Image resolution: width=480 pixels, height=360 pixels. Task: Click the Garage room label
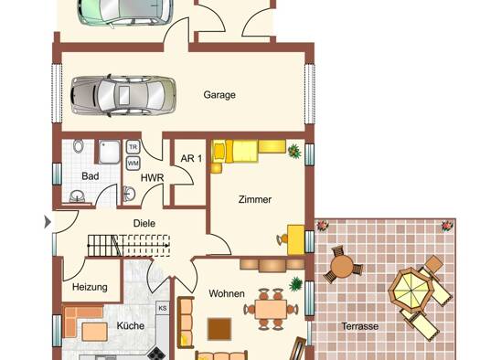point(219,95)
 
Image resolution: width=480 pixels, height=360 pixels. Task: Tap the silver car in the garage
point(123,95)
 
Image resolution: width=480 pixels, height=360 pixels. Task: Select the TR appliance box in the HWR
point(133,147)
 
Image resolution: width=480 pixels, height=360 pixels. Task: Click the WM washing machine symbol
point(133,163)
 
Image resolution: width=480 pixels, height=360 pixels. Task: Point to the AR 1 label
point(191,158)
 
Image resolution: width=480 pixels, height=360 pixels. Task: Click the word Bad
point(91,176)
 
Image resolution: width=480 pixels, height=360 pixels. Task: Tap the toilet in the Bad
point(79,146)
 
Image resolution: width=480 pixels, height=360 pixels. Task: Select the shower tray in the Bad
point(110,152)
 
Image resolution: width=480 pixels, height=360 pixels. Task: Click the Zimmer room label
point(255,200)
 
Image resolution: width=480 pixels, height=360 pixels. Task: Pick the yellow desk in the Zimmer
point(296,239)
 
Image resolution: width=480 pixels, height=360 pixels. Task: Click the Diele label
point(144,223)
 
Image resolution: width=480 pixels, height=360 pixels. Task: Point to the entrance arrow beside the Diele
point(48,222)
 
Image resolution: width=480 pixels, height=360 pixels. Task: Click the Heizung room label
point(90,287)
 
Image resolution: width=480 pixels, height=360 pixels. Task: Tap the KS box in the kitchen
point(163,308)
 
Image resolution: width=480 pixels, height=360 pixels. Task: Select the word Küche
point(131,326)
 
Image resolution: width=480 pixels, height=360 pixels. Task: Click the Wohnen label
point(227,293)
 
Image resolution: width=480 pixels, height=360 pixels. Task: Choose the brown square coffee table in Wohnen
point(219,329)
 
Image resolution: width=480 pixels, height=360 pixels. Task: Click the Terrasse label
point(360,326)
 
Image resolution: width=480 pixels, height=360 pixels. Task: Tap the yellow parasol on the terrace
point(411,290)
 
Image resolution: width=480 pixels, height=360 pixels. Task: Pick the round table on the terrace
point(343,267)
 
